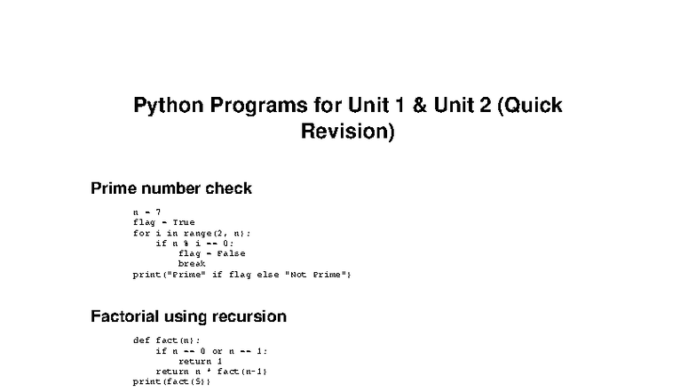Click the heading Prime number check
coord(171,188)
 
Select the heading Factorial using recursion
coord(188,316)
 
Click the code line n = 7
coord(146,212)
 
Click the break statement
coord(192,264)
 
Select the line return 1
coord(194,361)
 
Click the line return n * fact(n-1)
coord(211,372)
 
